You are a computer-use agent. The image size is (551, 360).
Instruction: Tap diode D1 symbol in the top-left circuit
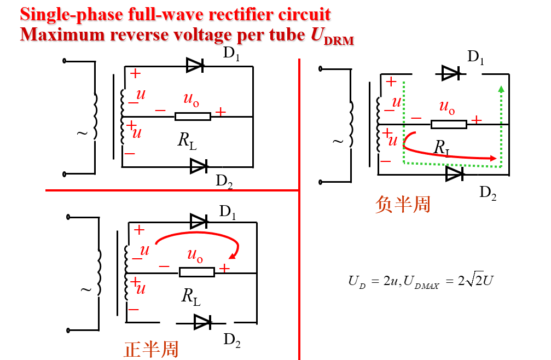pyautogui.click(x=195, y=66)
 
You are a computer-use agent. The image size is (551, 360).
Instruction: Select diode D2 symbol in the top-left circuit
pyautogui.click(x=198, y=166)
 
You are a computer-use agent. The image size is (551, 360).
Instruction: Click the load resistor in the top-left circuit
pyautogui.click(x=193, y=116)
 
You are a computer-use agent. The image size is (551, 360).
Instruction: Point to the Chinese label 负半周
pyautogui.click(x=403, y=204)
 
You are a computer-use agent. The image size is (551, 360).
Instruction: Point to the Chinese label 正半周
pyautogui.click(x=151, y=349)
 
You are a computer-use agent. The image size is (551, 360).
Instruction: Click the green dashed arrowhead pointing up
pyautogui.click(x=501, y=89)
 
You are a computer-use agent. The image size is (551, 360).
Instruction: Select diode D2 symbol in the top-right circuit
pyautogui.click(x=454, y=173)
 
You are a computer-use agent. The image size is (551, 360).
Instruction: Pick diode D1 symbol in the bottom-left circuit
pyautogui.click(x=199, y=222)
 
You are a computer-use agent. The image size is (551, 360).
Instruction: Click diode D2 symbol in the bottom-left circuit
pyautogui.click(x=202, y=322)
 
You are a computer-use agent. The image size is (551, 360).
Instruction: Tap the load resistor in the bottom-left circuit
pyautogui.click(x=196, y=272)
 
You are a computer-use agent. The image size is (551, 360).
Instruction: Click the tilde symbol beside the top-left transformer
pyautogui.click(x=83, y=133)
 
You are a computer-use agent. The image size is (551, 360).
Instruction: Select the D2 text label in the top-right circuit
pyautogui.click(x=488, y=192)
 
